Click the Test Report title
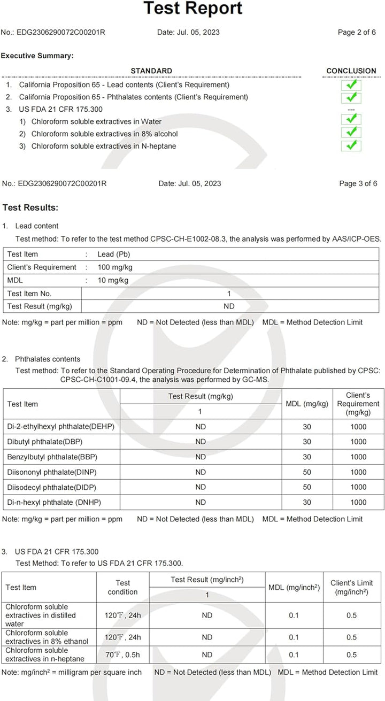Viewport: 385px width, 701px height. click(x=193, y=9)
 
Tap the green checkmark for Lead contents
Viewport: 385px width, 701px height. click(x=351, y=85)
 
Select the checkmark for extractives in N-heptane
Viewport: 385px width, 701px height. click(x=351, y=145)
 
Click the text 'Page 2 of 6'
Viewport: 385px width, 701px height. click(x=357, y=32)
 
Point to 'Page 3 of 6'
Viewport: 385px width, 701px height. click(x=358, y=183)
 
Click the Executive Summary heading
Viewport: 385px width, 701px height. click(x=37, y=56)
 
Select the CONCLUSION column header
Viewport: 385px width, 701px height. click(x=351, y=71)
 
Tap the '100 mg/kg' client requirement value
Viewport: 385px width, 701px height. click(x=113, y=267)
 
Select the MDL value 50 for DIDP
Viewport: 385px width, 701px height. click(x=307, y=487)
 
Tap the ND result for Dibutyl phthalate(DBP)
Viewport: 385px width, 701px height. click(x=201, y=442)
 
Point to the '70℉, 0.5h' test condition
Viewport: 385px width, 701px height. click(x=122, y=654)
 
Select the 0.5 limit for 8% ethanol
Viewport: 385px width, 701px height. click(x=351, y=637)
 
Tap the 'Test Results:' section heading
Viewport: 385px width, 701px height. click(x=30, y=207)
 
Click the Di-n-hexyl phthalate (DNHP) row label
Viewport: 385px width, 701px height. click(x=54, y=502)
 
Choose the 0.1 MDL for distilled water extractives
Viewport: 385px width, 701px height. click(x=294, y=615)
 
